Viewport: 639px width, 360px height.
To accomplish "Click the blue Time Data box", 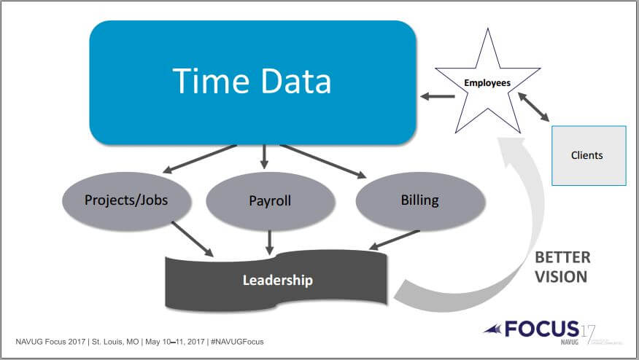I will [252, 82].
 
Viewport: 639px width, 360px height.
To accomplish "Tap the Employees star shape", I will [487, 84].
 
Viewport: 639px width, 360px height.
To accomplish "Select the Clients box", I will [587, 154].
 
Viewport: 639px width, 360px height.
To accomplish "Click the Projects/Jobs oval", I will [126, 200].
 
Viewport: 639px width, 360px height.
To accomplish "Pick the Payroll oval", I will [270, 200].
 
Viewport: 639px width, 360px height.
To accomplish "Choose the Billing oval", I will [419, 200].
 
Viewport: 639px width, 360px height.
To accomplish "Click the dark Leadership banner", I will [278, 279].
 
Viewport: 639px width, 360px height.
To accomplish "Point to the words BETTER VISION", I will [562, 267].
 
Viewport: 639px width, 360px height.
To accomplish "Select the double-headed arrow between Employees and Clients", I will [535, 106].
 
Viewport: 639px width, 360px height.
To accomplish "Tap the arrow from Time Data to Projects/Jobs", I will [198, 158].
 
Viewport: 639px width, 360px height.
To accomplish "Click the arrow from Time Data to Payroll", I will [264, 155].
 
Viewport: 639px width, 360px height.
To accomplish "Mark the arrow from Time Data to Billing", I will [322, 160].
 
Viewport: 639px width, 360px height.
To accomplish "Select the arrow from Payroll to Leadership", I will [270, 241].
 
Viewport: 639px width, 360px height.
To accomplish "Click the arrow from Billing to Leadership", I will [394, 240].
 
